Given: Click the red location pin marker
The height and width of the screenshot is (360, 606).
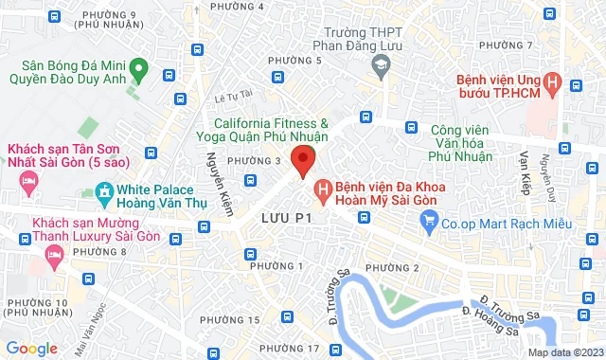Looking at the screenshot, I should coord(302,160).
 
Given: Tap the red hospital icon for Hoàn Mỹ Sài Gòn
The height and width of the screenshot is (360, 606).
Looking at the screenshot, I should coord(323,192).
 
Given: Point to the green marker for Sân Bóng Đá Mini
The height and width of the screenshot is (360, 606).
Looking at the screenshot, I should coord(138,68).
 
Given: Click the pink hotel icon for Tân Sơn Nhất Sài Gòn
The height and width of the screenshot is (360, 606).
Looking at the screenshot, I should coord(28,181).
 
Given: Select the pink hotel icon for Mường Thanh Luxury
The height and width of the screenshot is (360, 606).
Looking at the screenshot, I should coord(54,252).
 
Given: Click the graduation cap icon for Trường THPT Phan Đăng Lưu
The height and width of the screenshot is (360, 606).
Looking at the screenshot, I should coord(381,65).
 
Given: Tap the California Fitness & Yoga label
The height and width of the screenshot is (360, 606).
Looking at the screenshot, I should coord(271,131).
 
